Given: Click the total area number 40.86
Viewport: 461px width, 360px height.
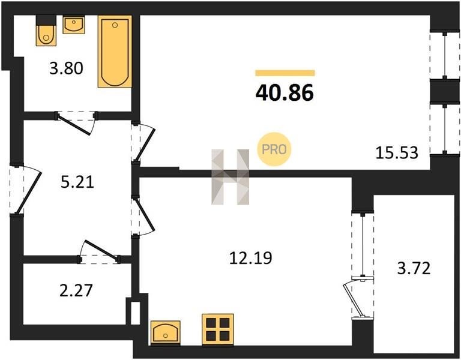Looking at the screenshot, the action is (x=285, y=92).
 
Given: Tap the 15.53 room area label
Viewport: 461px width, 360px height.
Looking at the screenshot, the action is (x=397, y=153).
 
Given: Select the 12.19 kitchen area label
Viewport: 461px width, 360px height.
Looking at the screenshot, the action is (x=250, y=259).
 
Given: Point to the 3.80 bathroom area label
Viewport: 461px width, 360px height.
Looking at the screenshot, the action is (x=67, y=68).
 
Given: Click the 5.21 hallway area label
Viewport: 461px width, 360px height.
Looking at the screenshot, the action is (x=77, y=182).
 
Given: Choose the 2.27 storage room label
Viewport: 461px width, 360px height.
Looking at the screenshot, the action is (x=76, y=290).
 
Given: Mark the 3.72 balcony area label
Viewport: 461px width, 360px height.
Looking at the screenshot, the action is (x=414, y=268).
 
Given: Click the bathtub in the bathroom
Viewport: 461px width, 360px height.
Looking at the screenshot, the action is (x=115, y=52).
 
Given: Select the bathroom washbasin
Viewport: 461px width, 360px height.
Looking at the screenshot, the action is (x=73, y=25).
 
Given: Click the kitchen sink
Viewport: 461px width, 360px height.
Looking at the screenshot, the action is (x=165, y=332).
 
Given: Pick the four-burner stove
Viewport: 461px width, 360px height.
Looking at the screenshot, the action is (x=217, y=329).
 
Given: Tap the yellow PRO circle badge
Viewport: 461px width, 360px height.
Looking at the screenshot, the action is (x=274, y=149).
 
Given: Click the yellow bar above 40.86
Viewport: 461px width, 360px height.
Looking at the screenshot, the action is (x=285, y=73).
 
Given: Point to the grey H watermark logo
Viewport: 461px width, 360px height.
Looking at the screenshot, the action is (x=230, y=177).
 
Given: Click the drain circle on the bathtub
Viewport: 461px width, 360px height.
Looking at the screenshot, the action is (x=115, y=25).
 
